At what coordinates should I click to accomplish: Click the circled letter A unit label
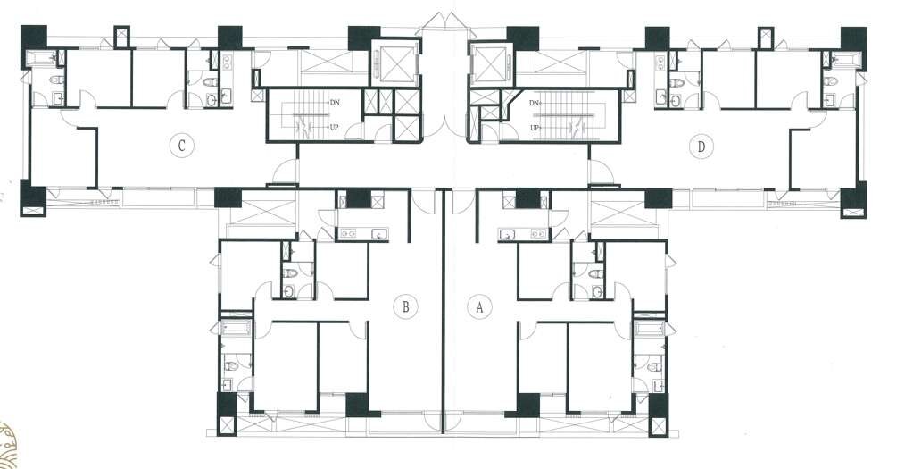point(479,307)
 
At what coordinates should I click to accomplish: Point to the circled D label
point(701,147)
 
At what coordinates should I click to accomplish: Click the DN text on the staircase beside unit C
point(334,103)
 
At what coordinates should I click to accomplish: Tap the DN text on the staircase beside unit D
point(535,103)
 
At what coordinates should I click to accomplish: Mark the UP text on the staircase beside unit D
point(535,127)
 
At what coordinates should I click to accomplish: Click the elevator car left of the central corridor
point(395,63)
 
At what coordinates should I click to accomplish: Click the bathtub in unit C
point(42,58)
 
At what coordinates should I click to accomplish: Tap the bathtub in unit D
point(844,58)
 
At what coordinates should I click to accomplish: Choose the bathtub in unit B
point(236,328)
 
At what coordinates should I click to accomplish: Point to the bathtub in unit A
point(650,328)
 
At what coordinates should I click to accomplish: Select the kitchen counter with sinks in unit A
point(523,234)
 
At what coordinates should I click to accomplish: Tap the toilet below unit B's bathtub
point(231,366)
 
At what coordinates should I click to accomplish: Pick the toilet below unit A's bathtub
point(654,366)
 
